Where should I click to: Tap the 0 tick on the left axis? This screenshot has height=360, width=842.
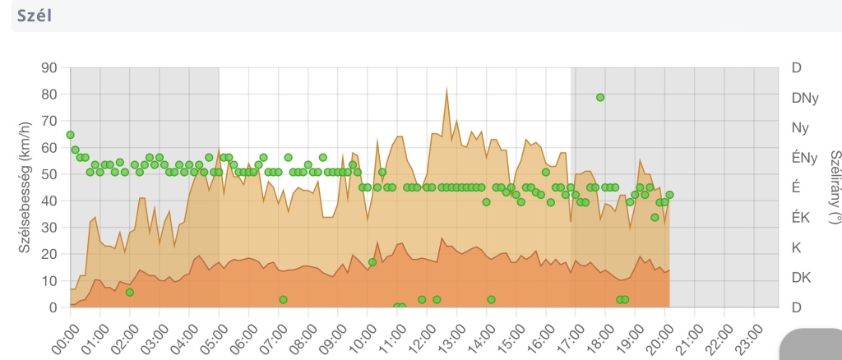point(54,307)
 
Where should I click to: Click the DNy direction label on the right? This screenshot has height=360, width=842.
point(804,98)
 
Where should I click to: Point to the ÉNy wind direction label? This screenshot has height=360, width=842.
point(805,158)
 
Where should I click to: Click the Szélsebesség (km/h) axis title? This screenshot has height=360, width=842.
point(24,187)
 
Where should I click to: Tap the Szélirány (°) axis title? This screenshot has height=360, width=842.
point(835,187)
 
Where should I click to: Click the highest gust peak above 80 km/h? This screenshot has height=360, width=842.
point(446,88)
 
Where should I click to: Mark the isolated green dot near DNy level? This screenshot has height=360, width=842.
point(600,97)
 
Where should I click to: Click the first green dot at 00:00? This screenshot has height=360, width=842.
point(71,135)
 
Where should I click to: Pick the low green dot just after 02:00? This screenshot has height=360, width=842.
point(130,292)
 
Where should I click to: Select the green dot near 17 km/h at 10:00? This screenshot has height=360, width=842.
point(372,262)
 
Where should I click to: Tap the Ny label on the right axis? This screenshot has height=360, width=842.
point(795,127)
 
